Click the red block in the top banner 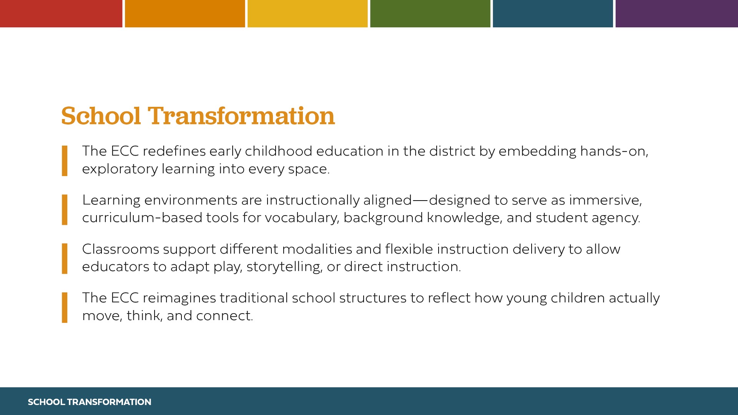(x=61, y=13)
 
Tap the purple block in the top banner (x=676, y=13)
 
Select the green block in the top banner (x=430, y=13)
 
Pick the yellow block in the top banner (x=307, y=13)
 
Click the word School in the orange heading (x=101, y=116)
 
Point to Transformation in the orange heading (x=241, y=116)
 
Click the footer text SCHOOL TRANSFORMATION (x=90, y=402)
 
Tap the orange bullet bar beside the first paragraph (x=65, y=161)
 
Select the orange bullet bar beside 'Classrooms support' (x=65, y=259)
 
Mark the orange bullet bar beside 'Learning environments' (x=65, y=210)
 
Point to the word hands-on (x=614, y=151)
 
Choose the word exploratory (x=120, y=169)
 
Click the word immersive (x=605, y=200)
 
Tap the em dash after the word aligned (x=421, y=201)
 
